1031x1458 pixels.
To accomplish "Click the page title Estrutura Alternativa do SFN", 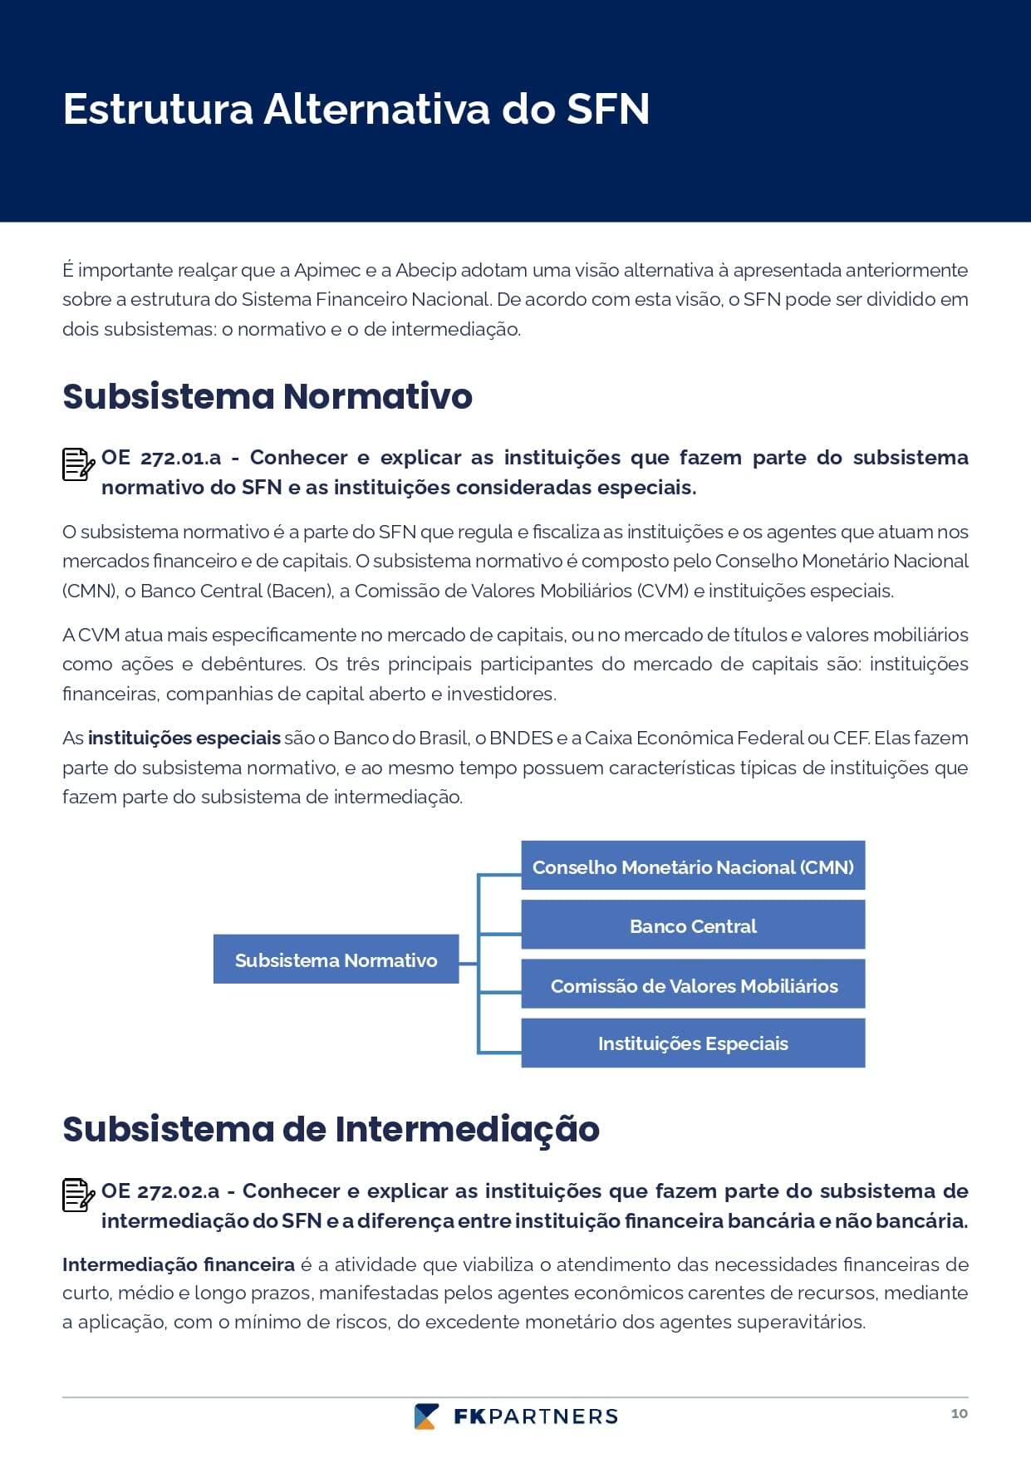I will (356, 109).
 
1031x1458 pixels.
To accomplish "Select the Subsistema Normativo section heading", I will (267, 396).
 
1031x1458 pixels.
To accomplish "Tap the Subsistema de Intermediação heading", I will (331, 1129).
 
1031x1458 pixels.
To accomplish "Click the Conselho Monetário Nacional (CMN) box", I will (693, 866).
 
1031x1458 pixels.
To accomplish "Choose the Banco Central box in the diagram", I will (693, 925).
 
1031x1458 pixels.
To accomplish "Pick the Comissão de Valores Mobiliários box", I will (693, 985).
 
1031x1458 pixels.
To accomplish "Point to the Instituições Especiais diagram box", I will (693, 1043).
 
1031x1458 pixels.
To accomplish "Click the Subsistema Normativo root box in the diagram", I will (336, 960).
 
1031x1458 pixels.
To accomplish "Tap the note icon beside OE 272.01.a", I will (78, 464).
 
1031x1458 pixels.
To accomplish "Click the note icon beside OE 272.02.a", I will (78, 1195).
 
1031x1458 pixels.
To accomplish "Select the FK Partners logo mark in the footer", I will (426, 1416).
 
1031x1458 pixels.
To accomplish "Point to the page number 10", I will (959, 1413).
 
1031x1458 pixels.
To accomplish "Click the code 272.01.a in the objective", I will (180, 458).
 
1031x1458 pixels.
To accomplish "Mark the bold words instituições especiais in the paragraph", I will (184, 738).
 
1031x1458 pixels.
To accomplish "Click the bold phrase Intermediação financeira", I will (178, 1264).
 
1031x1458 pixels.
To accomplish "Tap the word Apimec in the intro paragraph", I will (327, 270).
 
